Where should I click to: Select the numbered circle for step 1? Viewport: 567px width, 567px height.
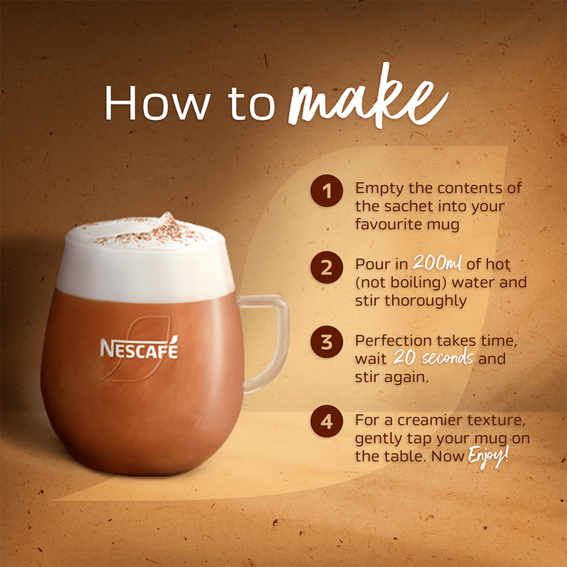tap(326, 191)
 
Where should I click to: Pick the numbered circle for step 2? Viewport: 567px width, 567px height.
tap(326, 267)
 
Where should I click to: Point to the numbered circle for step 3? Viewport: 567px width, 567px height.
tap(326, 342)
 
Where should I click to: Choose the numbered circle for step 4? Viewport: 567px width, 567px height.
tap(326, 421)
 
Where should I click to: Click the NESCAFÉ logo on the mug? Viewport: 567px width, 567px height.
tap(139, 349)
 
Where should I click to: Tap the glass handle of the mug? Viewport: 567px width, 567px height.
tap(271, 341)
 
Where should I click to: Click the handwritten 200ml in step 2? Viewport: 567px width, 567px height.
tap(437, 263)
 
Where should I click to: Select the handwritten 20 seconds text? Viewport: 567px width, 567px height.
tap(433, 357)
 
